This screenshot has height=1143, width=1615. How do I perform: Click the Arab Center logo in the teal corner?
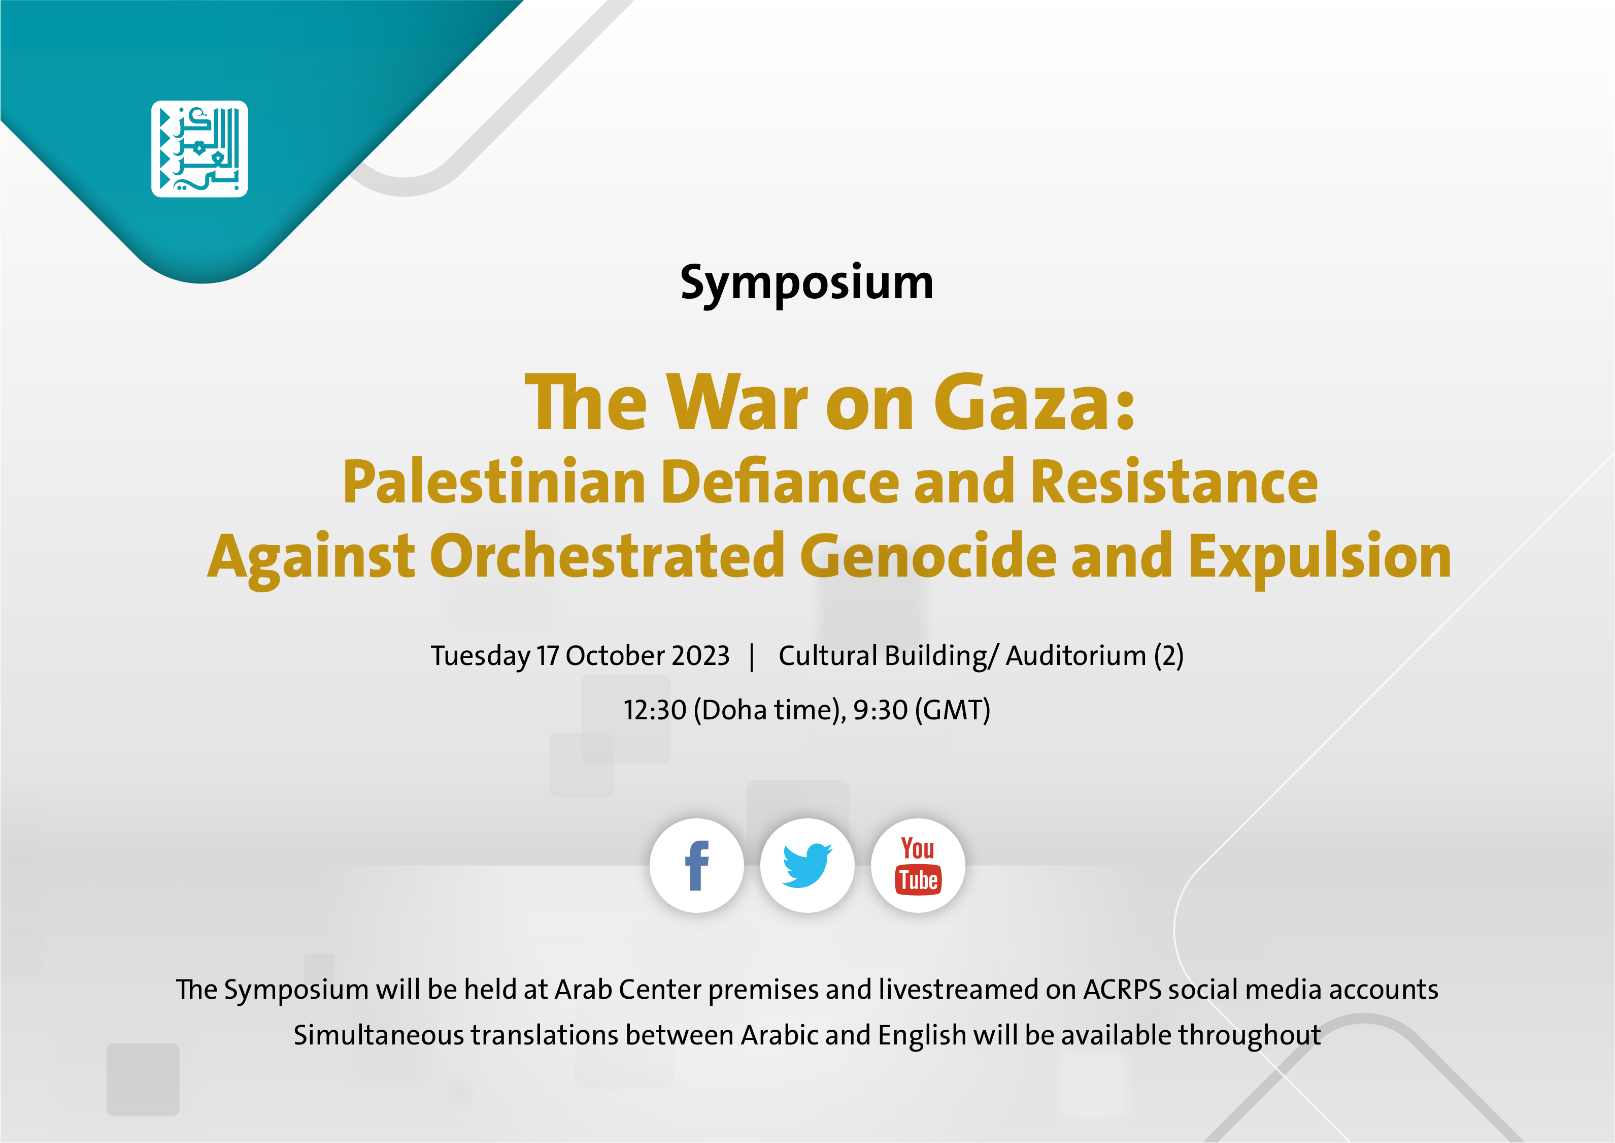click(x=200, y=148)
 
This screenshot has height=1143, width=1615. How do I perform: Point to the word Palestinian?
click(x=494, y=482)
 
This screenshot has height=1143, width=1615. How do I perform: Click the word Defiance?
click(x=780, y=482)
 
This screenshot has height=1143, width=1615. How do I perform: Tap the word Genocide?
click(x=928, y=556)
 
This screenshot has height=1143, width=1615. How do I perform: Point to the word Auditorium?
click(x=1076, y=656)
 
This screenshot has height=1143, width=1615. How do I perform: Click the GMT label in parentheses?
click(x=952, y=710)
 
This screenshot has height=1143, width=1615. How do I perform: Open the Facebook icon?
click(x=696, y=866)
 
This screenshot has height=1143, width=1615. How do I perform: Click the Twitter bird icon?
click(x=807, y=866)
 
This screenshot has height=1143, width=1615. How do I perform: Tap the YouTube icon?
click(x=918, y=866)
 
